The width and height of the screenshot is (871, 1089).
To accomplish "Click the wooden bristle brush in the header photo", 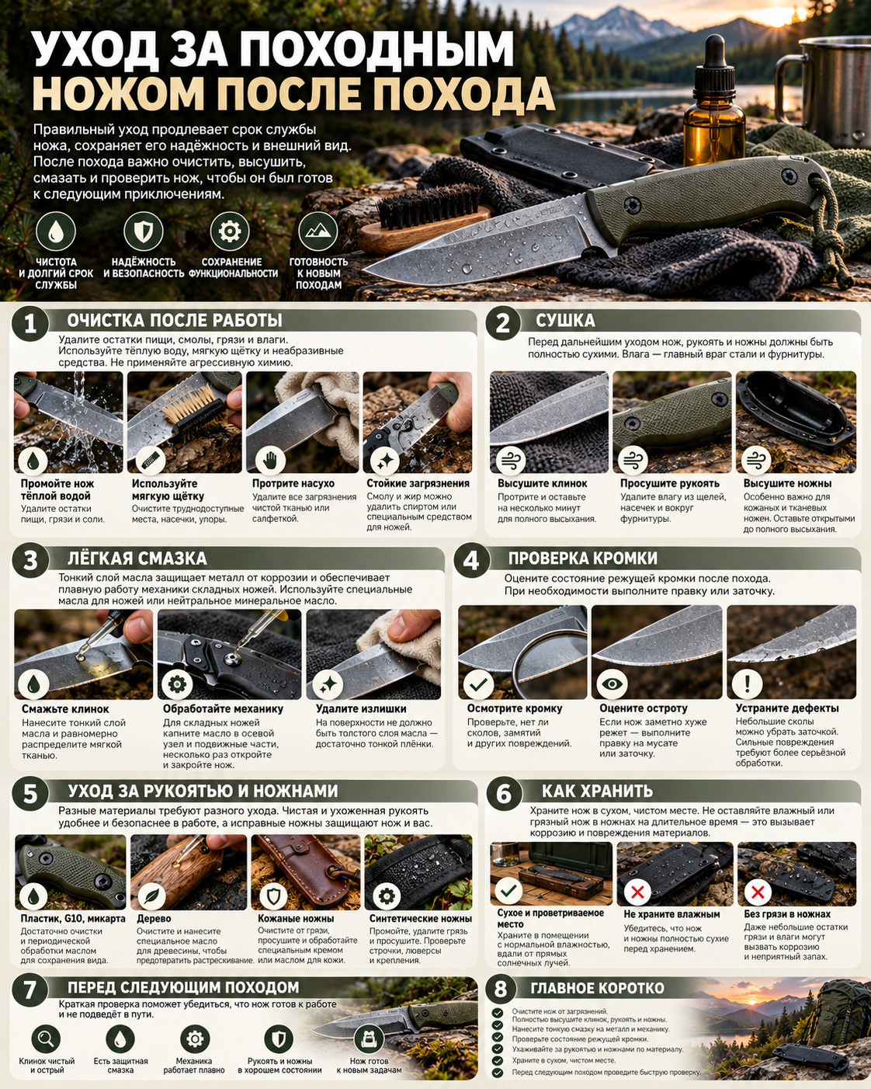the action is click(424, 218).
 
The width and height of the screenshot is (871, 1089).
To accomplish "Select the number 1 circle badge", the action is click(29, 323).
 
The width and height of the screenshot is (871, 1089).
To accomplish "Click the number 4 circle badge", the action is click(471, 560).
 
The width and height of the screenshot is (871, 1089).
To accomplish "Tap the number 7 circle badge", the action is click(29, 989).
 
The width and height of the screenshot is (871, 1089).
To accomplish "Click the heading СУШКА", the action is click(565, 321).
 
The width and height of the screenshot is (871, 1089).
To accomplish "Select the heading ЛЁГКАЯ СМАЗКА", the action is click(137, 558).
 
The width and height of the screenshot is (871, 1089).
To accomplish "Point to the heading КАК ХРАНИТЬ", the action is click(598, 791).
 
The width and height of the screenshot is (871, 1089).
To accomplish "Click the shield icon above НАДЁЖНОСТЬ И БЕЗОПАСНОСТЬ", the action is click(144, 231).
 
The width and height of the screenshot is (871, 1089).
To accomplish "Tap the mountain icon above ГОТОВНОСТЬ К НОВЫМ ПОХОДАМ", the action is click(318, 231).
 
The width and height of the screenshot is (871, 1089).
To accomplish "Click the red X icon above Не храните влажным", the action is click(637, 892).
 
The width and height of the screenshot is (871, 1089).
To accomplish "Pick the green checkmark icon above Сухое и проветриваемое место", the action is click(508, 890).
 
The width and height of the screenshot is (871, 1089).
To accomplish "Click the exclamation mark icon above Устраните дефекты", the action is click(747, 684).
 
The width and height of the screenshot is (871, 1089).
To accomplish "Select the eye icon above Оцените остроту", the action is click(612, 684).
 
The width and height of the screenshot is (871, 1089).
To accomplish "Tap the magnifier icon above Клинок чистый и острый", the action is click(46, 1039).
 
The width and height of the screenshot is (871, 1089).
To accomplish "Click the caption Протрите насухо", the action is click(293, 483).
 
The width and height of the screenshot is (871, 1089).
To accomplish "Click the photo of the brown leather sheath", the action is click(306, 872).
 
